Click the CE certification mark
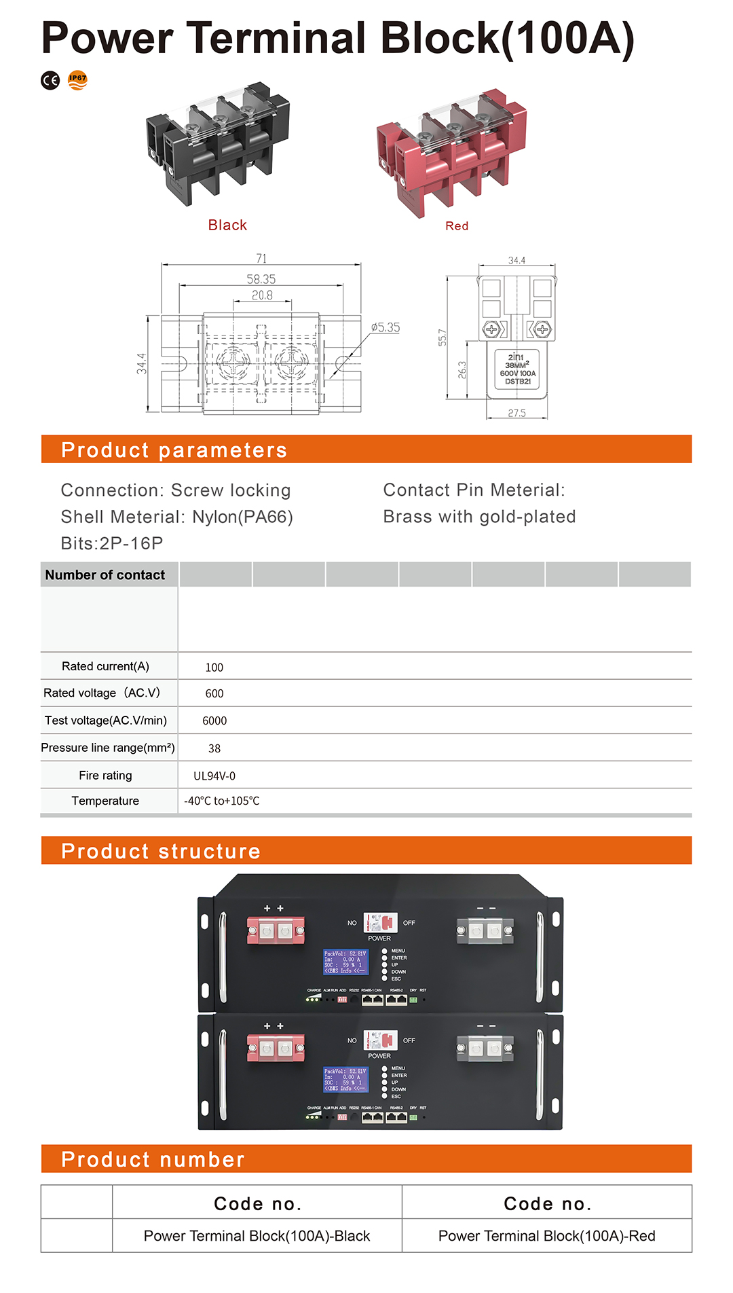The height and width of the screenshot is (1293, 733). pos(50,81)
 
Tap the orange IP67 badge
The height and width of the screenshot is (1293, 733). pos(78,80)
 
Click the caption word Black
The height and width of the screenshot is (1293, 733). pos(227,225)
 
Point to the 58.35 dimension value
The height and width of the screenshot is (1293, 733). pos(261,279)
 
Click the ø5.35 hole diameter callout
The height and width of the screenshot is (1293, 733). pos(386,327)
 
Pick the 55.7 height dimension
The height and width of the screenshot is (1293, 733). pos(443,338)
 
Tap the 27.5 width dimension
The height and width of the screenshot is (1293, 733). pos(516,413)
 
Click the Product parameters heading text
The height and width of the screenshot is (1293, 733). pos(174,450)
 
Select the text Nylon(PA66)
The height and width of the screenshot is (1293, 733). pos(242,517)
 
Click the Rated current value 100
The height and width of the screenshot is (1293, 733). pos(214,668)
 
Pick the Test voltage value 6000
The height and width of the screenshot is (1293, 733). pos(214,721)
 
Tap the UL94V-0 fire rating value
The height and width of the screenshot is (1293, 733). pos(214,776)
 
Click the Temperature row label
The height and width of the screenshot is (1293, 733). pos(105,801)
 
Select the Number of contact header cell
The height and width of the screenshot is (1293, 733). pos(105,575)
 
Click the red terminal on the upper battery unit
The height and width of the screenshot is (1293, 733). pos(276,930)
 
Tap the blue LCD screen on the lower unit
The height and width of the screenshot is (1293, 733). pos(345,1078)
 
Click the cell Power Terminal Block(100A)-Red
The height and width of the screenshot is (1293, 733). pos(546,1235)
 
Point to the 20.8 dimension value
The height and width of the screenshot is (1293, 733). pos(262,295)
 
